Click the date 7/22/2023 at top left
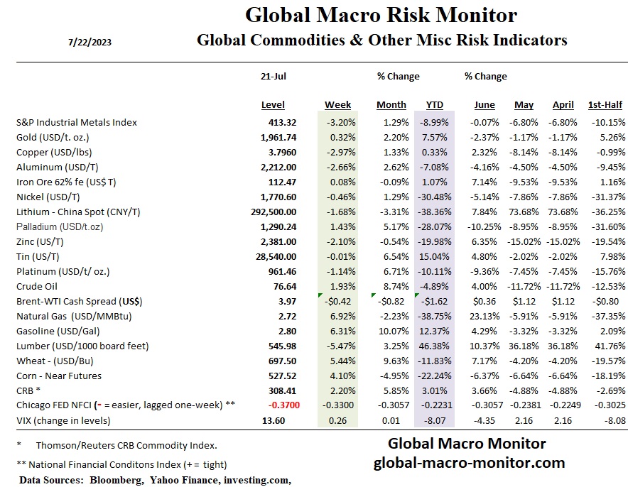90,42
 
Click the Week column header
338,105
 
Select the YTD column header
434,105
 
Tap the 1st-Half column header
605,105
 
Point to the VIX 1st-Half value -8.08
612,420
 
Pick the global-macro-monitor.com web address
469,463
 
